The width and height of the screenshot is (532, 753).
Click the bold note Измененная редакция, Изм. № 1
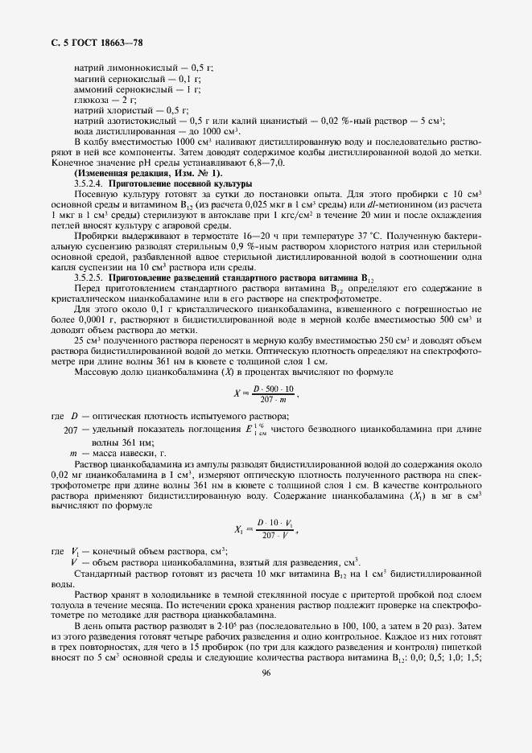(148, 173)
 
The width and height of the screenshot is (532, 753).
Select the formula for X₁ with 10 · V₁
(264, 529)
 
